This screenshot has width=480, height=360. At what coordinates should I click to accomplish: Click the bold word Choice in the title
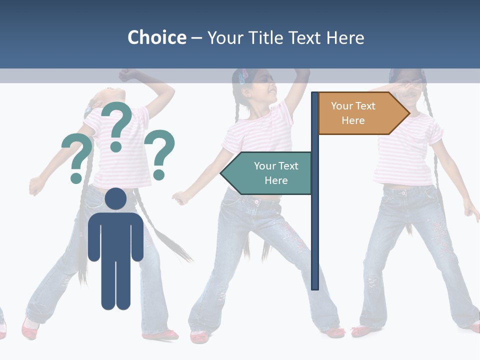(x=156, y=37)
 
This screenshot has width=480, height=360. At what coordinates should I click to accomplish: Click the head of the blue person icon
(x=116, y=199)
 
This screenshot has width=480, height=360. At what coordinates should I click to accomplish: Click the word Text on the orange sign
(x=365, y=106)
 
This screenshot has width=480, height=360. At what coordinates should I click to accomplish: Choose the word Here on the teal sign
(x=276, y=180)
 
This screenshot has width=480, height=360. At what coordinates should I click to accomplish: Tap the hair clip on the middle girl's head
(x=244, y=76)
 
